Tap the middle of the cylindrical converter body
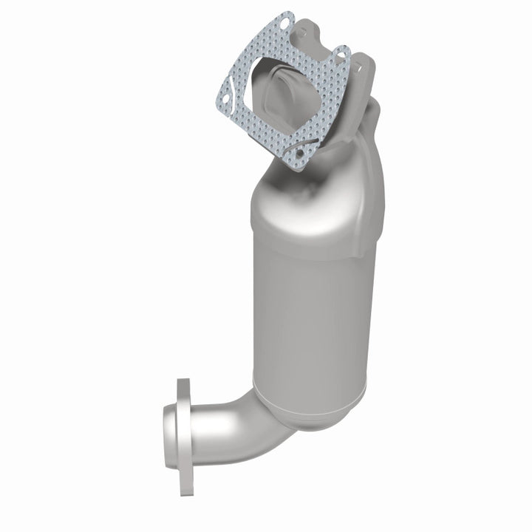pos(314,310)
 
